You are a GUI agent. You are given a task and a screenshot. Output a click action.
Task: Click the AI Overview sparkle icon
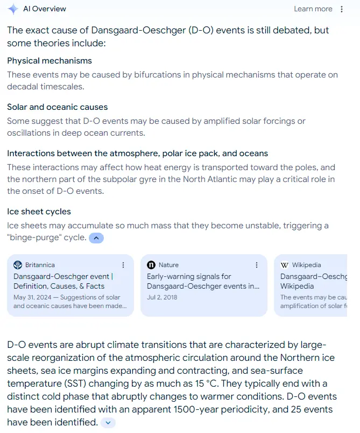pos(13,9)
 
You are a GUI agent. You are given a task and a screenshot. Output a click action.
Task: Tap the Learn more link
pos(313,9)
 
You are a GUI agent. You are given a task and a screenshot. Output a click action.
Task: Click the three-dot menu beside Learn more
pos(342,9)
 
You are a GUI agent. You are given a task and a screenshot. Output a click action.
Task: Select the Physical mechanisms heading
pos(50,61)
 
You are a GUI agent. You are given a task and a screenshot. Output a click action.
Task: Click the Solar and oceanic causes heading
pos(57,107)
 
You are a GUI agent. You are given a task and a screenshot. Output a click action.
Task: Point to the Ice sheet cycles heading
pos(39,212)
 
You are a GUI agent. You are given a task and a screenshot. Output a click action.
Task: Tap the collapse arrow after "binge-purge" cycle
pos(96,238)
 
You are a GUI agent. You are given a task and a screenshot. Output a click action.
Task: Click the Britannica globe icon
pos(18,265)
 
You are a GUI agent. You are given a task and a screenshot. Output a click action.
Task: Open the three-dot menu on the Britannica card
pos(123,265)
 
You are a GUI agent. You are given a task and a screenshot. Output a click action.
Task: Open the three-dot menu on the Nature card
pos(257,265)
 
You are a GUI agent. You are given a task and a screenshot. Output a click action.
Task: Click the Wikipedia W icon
pos(285,265)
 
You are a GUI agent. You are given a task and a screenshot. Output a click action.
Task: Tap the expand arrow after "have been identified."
pos(108,423)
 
